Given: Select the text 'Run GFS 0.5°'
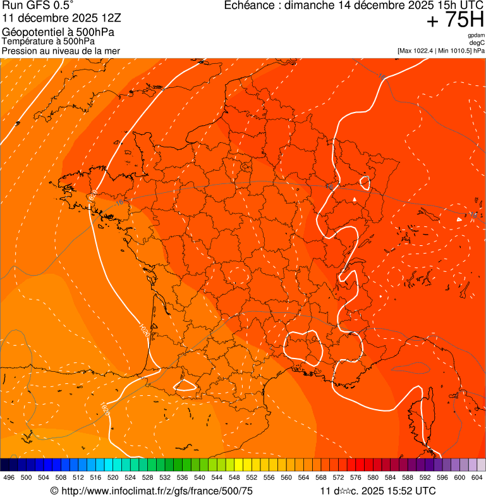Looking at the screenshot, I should click(x=38, y=6).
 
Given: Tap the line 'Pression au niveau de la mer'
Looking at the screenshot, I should click(x=61, y=51).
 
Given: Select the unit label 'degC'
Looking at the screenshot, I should click(x=477, y=43).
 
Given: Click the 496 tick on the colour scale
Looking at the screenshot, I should click(x=9, y=477).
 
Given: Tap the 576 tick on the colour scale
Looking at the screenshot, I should click(x=356, y=477).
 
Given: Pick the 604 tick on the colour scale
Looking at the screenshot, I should click(x=477, y=477).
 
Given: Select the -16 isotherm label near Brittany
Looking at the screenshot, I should click(x=119, y=203).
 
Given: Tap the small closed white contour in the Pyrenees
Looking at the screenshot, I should click(x=186, y=384).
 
